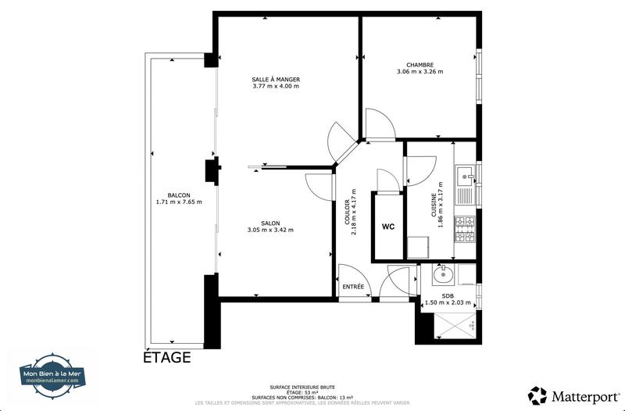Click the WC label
click(388, 227)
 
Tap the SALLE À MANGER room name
click(276, 80)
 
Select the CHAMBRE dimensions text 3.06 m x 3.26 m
click(420, 72)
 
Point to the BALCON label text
click(178, 195)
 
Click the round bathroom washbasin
click(442, 274)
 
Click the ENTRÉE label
click(353, 288)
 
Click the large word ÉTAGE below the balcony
click(166, 359)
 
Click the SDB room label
click(448, 296)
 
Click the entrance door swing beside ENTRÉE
click(398, 281)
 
